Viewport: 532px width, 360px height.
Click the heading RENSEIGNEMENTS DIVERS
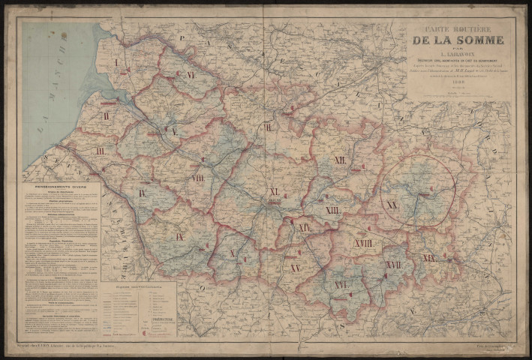(x=60, y=189)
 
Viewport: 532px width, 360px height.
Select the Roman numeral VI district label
(x=191, y=75)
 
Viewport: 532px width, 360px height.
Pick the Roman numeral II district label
(x=107, y=115)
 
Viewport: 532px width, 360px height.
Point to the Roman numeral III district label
(x=100, y=151)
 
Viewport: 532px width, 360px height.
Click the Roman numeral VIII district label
(x=198, y=178)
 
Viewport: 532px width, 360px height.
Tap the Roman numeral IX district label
(x=180, y=236)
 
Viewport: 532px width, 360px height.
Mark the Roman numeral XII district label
(x=340, y=160)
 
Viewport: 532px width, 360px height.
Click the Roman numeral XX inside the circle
(x=392, y=205)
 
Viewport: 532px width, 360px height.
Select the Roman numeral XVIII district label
(x=364, y=244)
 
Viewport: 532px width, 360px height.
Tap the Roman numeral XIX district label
(x=428, y=257)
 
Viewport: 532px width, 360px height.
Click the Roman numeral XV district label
(x=296, y=268)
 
